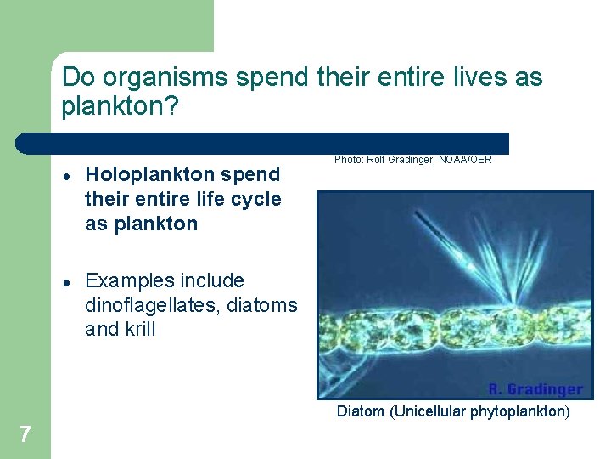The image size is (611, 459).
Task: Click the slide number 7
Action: [x=25, y=435]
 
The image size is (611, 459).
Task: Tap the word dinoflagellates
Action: [x=149, y=305]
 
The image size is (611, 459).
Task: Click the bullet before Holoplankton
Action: [x=65, y=176]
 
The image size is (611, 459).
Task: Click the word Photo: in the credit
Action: [x=348, y=159]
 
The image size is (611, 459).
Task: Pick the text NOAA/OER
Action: [x=466, y=159]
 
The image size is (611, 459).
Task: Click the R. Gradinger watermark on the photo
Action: [x=535, y=389]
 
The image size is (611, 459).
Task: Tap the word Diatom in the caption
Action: [x=362, y=412]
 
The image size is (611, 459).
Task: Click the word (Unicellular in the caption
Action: [x=429, y=412]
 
